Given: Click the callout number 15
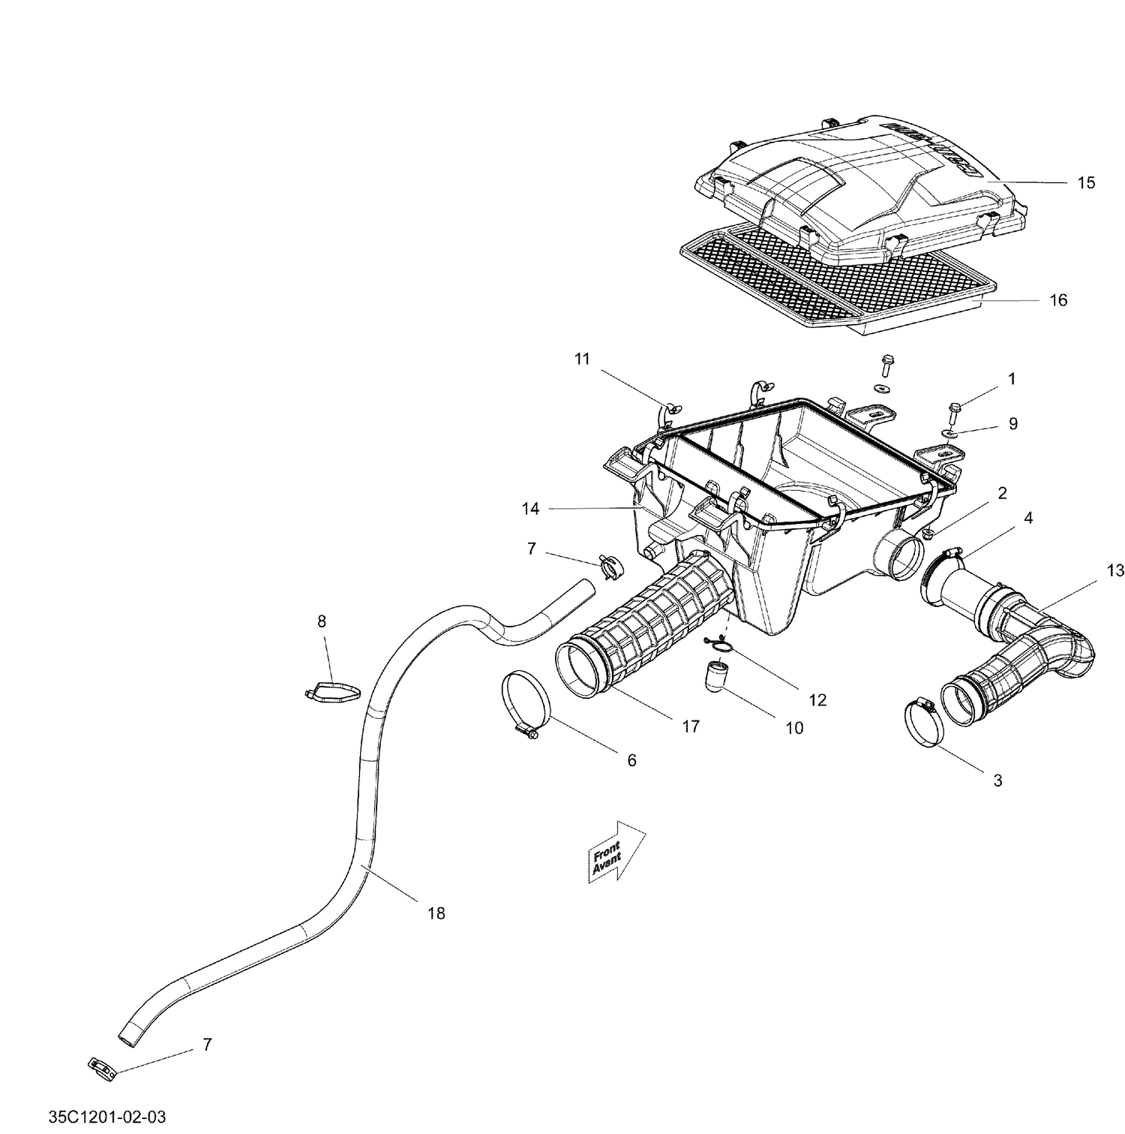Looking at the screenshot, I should (1085, 182).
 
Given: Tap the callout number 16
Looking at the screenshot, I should (1057, 300).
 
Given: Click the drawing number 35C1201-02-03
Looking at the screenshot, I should (107, 1117).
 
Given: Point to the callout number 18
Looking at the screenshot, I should (436, 913).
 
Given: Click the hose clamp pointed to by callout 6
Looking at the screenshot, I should (527, 702).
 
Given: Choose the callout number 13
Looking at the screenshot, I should (1114, 570).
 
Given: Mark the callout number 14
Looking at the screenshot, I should (530, 509).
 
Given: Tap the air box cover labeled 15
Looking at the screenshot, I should (855, 180).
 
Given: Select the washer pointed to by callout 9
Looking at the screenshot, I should (950, 433).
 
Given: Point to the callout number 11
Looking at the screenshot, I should (582, 359).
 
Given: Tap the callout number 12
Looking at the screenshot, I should (817, 699).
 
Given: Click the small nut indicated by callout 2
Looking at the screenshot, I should (927, 534).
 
